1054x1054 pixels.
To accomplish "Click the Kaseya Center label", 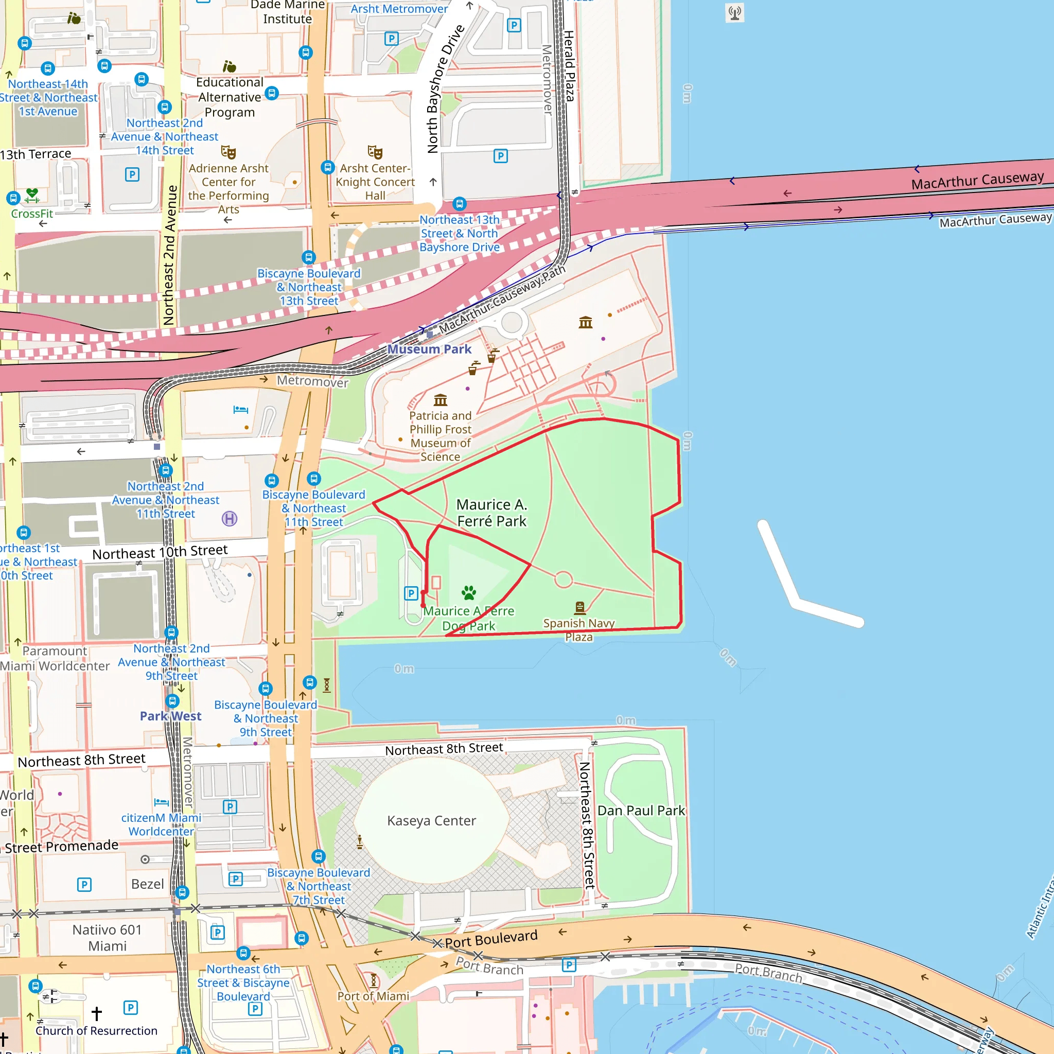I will click(x=431, y=820).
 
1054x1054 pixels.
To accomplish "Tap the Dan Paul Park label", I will click(x=641, y=811).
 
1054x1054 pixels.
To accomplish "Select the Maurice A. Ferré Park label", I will click(x=491, y=513).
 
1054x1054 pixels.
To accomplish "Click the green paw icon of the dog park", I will click(x=469, y=592).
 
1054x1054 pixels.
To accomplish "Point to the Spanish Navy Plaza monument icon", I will click(x=580, y=607).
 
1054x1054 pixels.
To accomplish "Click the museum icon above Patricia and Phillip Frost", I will click(x=440, y=400).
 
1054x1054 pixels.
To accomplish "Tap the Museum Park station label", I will click(x=429, y=349).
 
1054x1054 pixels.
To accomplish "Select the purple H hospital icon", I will click(x=230, y=518).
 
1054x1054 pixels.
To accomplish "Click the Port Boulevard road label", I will click(x=491, y=939).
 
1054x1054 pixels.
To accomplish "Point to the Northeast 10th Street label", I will click(x=160, y=552).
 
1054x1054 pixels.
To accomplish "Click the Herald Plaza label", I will click(x=569, y=66).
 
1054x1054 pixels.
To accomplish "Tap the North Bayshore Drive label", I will click(x=445, y=89).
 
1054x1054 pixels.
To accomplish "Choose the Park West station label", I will click(x=170, y=716).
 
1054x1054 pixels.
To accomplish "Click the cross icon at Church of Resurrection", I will click(x=97, y=1014).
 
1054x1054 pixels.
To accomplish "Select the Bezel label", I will click(x=147, y=884).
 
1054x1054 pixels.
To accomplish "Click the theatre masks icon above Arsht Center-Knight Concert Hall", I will click(x=375, y=152).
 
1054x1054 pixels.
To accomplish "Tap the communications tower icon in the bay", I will click(x=735, y=12).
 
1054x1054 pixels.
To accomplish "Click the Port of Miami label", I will click(x=373, y=996).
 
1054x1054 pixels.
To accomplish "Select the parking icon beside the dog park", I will click(x=411, y=593).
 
